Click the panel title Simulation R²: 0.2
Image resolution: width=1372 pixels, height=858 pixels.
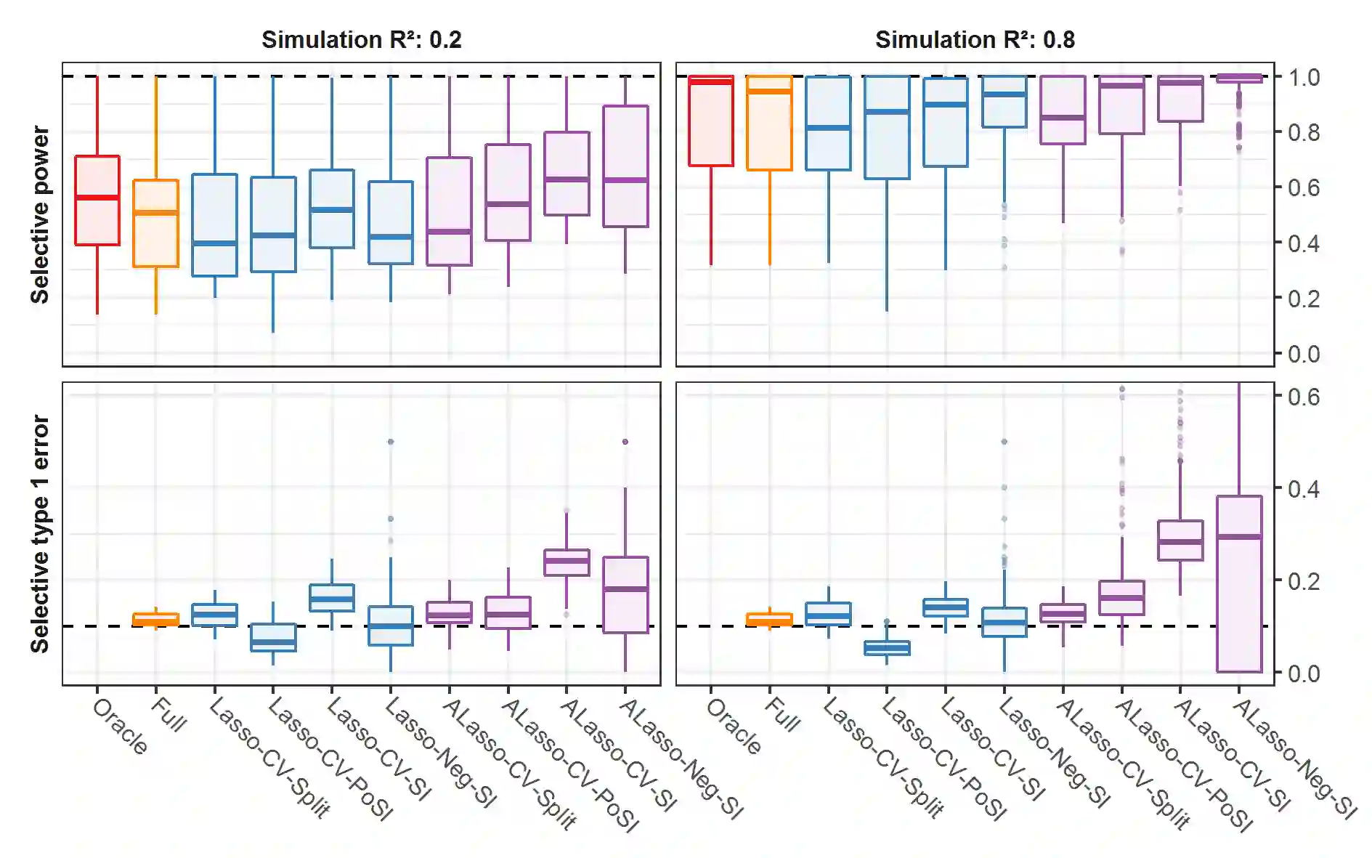(361, 39)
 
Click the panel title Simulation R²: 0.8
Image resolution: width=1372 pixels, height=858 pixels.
(974, 39)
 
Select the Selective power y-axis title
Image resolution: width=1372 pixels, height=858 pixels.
(40, 214)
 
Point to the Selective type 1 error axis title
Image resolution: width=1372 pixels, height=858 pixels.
(40, 534)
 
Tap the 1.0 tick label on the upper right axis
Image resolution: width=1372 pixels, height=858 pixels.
(1304, 77)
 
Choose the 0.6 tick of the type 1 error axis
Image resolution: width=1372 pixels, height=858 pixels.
(1304, 397)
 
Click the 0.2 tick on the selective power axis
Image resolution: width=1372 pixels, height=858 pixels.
(1304, 299)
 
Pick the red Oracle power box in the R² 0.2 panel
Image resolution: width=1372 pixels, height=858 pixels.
(97, 201)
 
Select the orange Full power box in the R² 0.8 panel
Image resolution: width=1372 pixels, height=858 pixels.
(769, 123)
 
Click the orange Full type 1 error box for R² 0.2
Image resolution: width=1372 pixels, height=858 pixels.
(155, 620)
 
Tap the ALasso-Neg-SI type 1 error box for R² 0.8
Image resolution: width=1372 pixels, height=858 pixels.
(1239, 583)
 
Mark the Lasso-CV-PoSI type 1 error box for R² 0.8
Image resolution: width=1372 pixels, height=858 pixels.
(887, 648)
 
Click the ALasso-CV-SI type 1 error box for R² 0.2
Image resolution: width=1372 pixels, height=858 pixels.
(567, 562)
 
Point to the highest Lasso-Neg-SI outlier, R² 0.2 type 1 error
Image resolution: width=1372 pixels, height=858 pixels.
(391, 442)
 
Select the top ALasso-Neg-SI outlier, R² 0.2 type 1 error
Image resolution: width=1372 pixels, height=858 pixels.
(625, 442)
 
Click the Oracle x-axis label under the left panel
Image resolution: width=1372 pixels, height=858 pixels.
(121, 727)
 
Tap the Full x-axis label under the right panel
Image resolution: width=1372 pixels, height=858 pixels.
(783, 715)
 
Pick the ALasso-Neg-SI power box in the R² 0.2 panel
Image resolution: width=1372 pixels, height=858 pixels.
(625, 166)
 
